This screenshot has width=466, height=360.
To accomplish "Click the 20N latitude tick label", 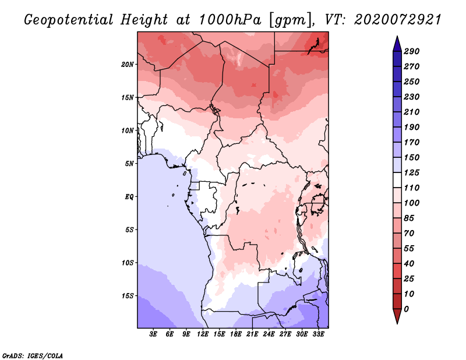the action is point(127,65).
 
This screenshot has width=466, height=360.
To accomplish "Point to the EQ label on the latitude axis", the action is point(129,197).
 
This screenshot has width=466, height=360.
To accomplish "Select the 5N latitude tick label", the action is point(129,164).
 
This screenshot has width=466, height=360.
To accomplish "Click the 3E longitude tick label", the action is point(153,334).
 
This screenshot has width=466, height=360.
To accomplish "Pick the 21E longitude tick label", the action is point(252,334).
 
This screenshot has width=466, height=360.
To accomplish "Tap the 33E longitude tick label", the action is point(318,334).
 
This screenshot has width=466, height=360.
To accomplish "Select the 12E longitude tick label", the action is point(202,334).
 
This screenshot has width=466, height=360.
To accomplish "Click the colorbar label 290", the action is point(412,51).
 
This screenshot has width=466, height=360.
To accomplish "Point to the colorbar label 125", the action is point(412,172).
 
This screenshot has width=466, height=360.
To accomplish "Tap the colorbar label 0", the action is point(406,309).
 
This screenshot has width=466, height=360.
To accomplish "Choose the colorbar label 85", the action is point(409,218).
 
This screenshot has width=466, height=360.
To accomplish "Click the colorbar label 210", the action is point(412,112).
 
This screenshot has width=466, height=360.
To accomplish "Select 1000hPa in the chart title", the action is point(230,20).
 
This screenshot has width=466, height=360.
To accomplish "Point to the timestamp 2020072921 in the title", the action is point(397,20).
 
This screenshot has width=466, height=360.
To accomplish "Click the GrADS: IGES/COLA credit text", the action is point(33,355).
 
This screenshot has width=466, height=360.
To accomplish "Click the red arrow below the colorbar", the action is point(397,315).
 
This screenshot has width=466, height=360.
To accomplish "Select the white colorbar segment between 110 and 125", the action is point(397,180).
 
